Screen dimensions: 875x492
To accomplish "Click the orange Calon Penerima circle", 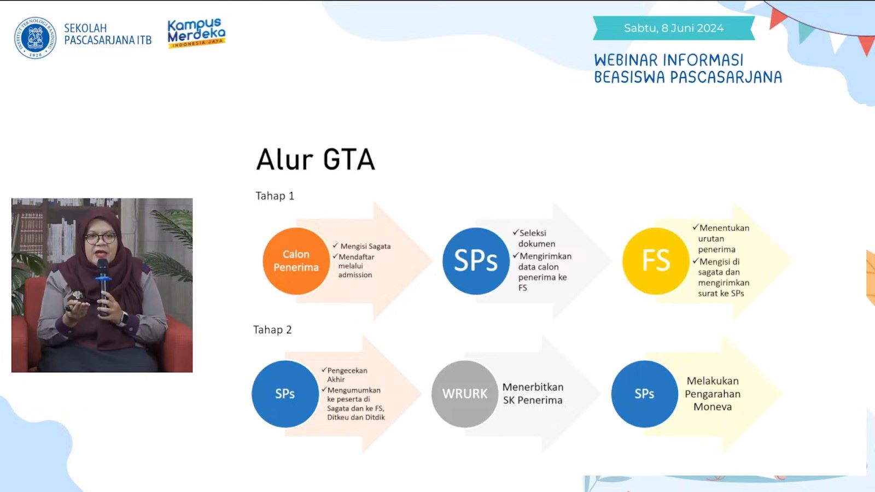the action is coord(296,261).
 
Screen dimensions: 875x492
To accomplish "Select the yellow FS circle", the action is coord(656,261).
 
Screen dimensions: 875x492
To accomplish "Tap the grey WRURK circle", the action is coord(465,394).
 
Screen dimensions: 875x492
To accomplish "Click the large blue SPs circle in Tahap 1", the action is coord(476,261).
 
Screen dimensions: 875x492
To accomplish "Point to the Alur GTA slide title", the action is coord(315,159).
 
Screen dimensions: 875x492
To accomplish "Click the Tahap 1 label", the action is coord(275,196).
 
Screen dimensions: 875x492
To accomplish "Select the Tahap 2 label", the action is coord(272,330).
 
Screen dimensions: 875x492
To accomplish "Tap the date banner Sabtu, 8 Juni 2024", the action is coord(674,28).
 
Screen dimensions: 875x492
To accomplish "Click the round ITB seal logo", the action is coord(35,38).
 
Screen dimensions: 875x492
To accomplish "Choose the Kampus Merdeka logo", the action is coord(196,33).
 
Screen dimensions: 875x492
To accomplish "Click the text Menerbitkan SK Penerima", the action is coord(533,394).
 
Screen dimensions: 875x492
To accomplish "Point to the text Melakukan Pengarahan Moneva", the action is coord(713,394).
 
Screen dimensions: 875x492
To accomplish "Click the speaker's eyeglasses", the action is coord(101,238).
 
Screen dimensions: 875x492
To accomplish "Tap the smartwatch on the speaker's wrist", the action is coord(123,318).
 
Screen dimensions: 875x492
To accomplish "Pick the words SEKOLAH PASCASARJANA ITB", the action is coord(108,34).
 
